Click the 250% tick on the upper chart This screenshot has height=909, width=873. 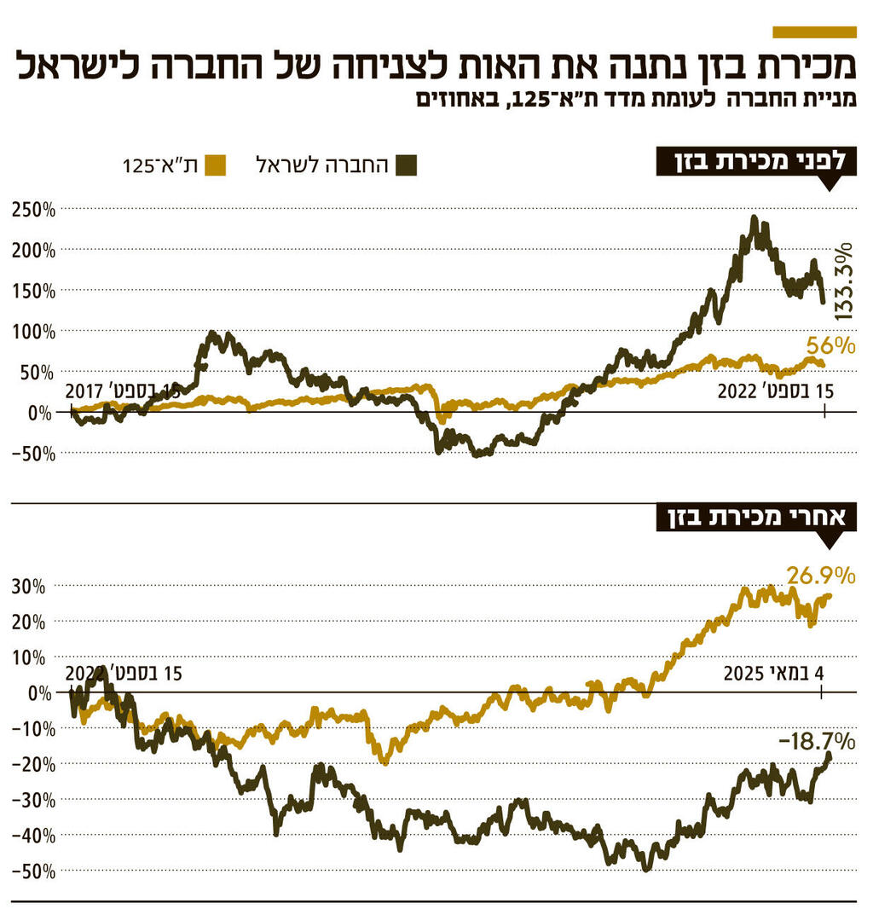pyautogui.click(x=33, y=209)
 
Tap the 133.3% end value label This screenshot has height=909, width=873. pyautogui.click(x=843, y=281)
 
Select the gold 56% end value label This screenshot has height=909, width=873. pyautogui.click(x=832, y=346)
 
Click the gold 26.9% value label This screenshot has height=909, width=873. pyautogui.click(x=820, y=576)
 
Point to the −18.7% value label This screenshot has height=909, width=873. pyautogui.click(x=817, y=738)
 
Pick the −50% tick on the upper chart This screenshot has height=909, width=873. pyautogui.click(x=33, y=454)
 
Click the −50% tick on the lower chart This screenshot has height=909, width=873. pyautogui.click(x=33, y=871)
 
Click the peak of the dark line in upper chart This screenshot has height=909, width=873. pyautogui.click(x=754, y=218)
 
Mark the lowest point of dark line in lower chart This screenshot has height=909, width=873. pyautogui.click(x=646, y=869)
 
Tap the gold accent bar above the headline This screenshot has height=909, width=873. pyautogui.click(x=813, y=32)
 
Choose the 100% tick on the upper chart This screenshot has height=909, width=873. pyautogui.click(x=33, y=331)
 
